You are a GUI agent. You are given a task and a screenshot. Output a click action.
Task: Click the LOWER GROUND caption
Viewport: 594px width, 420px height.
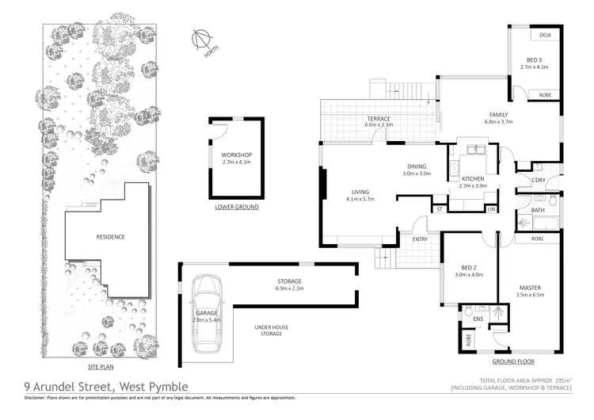(236, 208)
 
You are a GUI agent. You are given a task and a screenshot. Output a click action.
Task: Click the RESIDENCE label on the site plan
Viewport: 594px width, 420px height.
(111, 237)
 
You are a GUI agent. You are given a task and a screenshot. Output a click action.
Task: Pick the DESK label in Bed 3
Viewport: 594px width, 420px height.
(545, 36)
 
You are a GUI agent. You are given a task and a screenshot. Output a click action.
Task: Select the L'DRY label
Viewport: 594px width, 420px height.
(539, 181)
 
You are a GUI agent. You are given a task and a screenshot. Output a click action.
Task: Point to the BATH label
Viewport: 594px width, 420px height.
(538, 209)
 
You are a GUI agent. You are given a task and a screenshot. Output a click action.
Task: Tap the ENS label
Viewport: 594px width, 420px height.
(478, 319)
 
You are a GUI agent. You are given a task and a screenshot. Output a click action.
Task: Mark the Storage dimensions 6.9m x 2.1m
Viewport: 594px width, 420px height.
(289, 289)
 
